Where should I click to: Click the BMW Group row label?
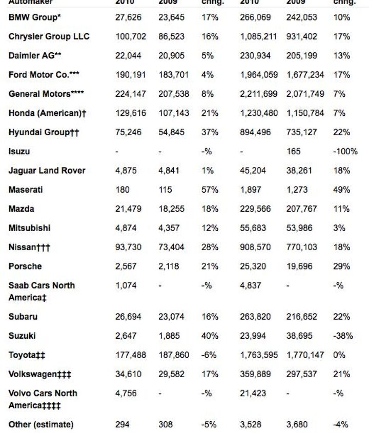35,17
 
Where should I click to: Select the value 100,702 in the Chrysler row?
131,37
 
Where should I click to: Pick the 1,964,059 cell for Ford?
259,75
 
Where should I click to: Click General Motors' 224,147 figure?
131,94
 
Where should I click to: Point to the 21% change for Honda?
210,113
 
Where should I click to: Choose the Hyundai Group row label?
44,132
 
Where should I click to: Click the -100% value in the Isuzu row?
342,152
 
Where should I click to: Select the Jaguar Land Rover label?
47,171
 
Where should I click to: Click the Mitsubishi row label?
30,228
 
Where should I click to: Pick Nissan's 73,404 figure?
172,248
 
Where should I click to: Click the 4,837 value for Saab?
250,285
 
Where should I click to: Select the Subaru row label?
23,317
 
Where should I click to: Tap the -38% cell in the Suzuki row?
342,336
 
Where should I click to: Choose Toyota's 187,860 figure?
174,355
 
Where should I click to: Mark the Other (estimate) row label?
41,424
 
